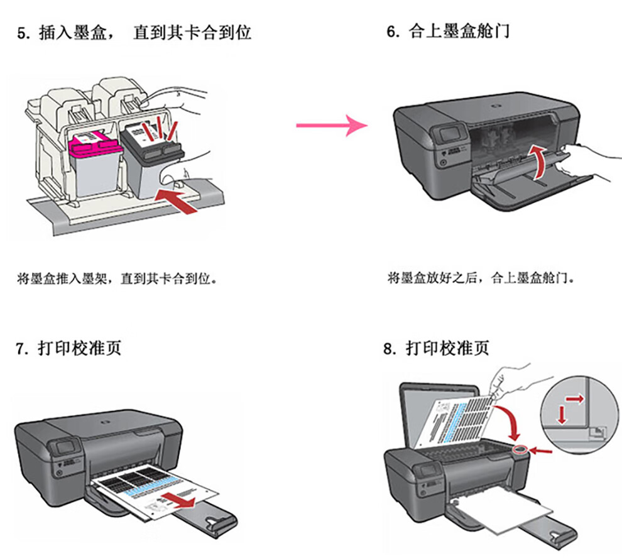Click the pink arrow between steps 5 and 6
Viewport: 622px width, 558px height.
point(331,126)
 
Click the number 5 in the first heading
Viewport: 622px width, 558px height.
point(21,33)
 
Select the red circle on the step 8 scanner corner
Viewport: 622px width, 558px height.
point(521,451)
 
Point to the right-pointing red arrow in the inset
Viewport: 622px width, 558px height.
point(573,397)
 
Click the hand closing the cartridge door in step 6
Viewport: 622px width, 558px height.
point(591,157)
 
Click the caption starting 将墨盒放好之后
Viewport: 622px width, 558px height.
point(481,277)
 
